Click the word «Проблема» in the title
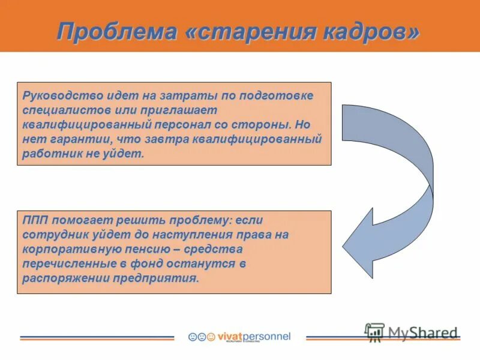116,31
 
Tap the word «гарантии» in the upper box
73,139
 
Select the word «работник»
46,154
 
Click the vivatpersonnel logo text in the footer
253,337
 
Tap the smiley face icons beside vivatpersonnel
201,337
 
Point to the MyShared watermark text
422,333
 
